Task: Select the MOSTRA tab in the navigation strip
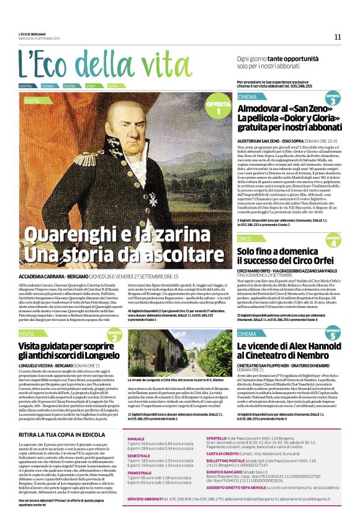point(25,86)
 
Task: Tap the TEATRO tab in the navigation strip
point(69,86)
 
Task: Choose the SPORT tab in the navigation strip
point(91,86)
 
